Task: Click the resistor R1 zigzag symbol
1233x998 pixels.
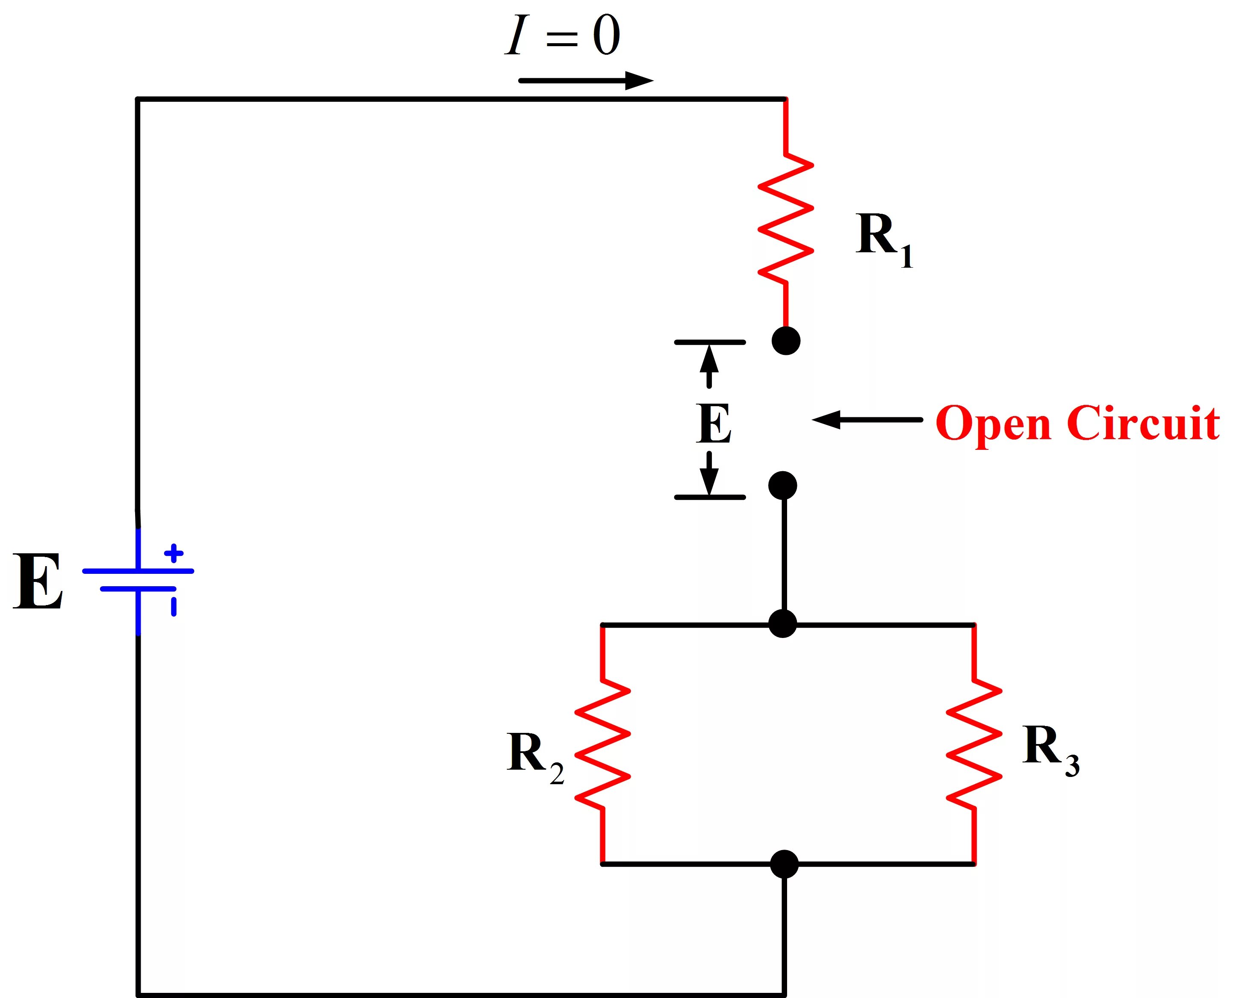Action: (786, 218)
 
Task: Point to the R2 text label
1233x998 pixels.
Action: (535, 758)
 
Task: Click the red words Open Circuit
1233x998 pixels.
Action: (1077, 424)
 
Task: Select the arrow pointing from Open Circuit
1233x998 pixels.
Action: (867, 419)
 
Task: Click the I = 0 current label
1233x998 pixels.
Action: (563, 35)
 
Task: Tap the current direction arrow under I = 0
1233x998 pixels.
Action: (586, 80)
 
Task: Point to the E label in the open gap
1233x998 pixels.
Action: (714, 424)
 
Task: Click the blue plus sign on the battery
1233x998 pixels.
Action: (174, 554)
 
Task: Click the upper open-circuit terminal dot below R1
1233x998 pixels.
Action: (786, 341)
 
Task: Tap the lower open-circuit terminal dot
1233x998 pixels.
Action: (783, 486)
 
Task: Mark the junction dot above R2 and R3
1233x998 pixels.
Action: (783, 624)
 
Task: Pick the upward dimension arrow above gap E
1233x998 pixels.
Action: (709, 366)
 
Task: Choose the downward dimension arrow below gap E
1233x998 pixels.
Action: (709, 474)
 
